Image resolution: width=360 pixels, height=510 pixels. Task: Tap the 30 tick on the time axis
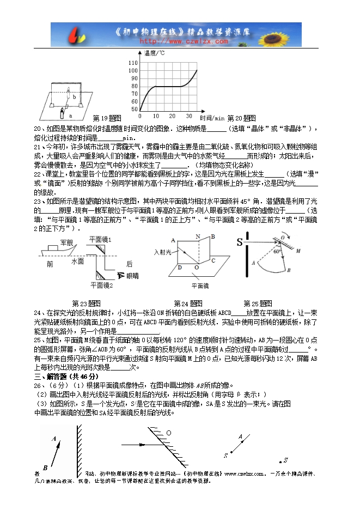[188, 116]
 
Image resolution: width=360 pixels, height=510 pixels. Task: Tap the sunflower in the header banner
[283, 34]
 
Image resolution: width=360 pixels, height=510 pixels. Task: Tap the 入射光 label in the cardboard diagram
[163, 252]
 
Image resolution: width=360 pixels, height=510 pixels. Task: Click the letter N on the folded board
[198, 236]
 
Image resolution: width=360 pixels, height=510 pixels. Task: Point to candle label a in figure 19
[70, 116]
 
